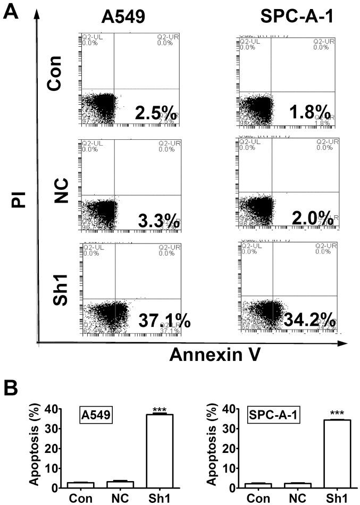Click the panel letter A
pos(12,11)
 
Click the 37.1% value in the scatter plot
pos(164,321)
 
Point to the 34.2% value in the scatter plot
pos(309,319)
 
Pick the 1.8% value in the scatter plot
pos(309,113)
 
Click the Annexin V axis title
pos(215,355)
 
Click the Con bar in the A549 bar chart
pos(80,484)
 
